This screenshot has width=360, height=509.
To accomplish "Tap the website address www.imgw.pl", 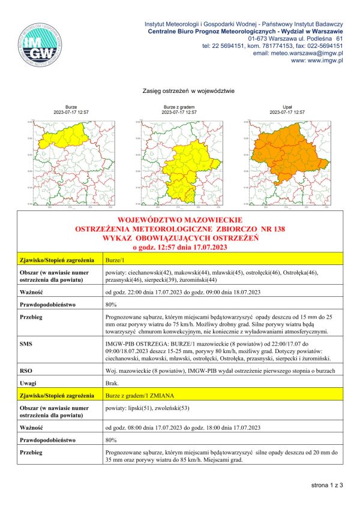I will (316, 61).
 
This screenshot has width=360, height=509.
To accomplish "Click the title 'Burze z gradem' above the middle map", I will (179, 107).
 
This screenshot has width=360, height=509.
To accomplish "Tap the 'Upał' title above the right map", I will (287, 107).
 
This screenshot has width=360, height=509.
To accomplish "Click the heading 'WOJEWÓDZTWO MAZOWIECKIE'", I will (180, 221).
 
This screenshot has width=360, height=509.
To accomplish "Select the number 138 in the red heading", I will (277, 229).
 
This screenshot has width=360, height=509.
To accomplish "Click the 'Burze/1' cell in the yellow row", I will (114, 261).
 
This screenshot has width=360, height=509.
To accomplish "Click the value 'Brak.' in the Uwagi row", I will (112, 382).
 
